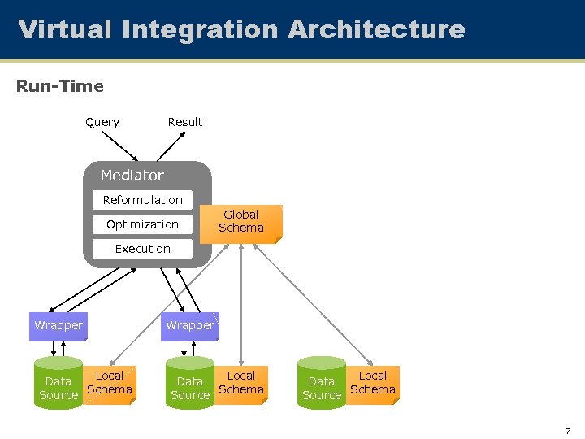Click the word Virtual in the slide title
click(x=65, y=29)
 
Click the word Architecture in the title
click(x=376, y=29)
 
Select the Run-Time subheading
click(x=60, y=85)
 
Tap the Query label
click(x=102, y=122)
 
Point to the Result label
click(x=185, y=122)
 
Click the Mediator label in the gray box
click(x=132, y=176)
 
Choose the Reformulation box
click(x=143, y=200)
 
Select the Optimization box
click(x=143, y=224)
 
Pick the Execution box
click(x=143, y=249)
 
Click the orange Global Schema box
click(x=242, y=222)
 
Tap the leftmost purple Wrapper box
click(x=58, y=325)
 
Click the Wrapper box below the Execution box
click(x=189, y=325)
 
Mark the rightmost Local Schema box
click(x=373, y=383)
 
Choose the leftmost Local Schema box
click(x=110, y=383)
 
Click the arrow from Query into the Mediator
click(x=122, y=146)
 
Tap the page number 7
click(x=569, y=431)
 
